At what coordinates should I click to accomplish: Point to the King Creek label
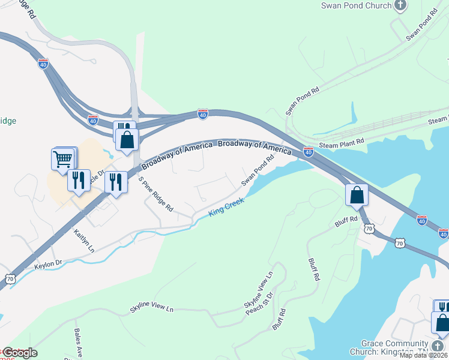pyautogui.click(x=226, y=208)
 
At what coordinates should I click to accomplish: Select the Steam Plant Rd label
pyautogui.click(x=342, y=142)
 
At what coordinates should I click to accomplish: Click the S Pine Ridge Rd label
pyautogui.click(x=155, y=194)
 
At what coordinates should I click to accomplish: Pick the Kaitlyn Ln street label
pyautogui.click(x=85, y=239)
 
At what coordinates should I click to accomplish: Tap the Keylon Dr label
pyautogui.click(x=49, y=263)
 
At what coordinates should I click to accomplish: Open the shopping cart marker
pyautogui.click(x=63, y=160)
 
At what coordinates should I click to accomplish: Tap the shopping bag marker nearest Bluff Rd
pyautogui.click(x=357, y=195)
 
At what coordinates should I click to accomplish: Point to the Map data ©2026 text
pyautogui.click(x=424, y=355)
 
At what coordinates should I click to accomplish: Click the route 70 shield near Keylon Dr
pyautogui.click(x=10, y=278)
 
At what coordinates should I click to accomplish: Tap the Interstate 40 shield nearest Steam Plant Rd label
pyautogui.click(x=309, y=152)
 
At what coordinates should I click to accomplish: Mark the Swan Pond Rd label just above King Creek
pyautogui.click(x=258, y=169)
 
